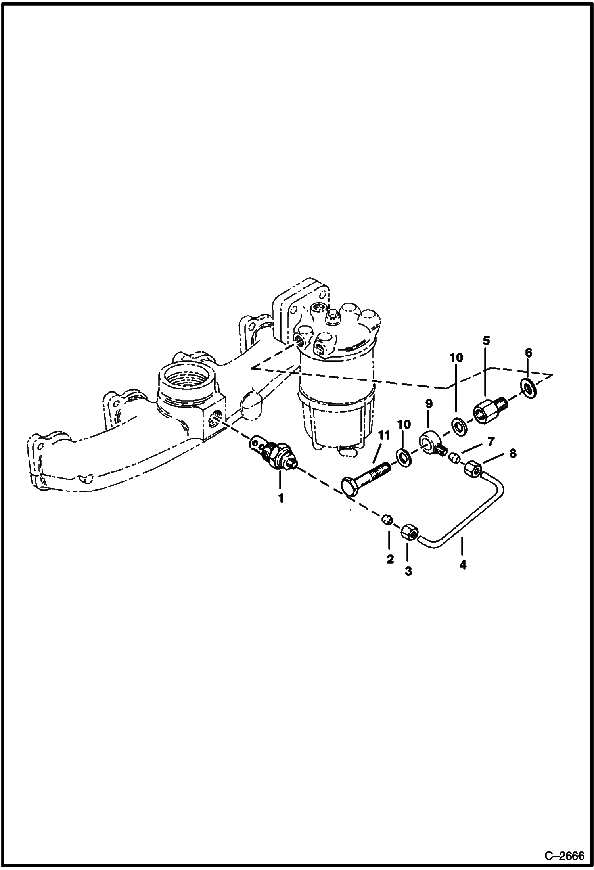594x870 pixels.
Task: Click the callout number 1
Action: [281, 498]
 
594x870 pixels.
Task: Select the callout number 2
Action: [390, 559]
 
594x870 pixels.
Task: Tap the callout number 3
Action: [408, 571]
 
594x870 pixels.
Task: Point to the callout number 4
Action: [463, 565]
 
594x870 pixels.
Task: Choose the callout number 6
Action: [528, 353]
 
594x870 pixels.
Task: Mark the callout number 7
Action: [491, 441]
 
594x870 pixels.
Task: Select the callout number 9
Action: [429, 404]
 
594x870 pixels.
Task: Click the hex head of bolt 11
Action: [350, 487]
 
